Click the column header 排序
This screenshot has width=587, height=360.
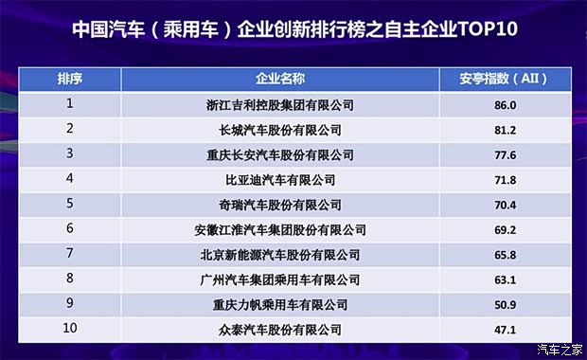(x=68, y=79)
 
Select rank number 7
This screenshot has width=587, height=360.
(x=69, y=254)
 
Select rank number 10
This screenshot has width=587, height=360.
(x=69, y=329)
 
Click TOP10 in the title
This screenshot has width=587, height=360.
(x=483, y=27)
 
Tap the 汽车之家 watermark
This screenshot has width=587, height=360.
(x=559, y=349)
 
